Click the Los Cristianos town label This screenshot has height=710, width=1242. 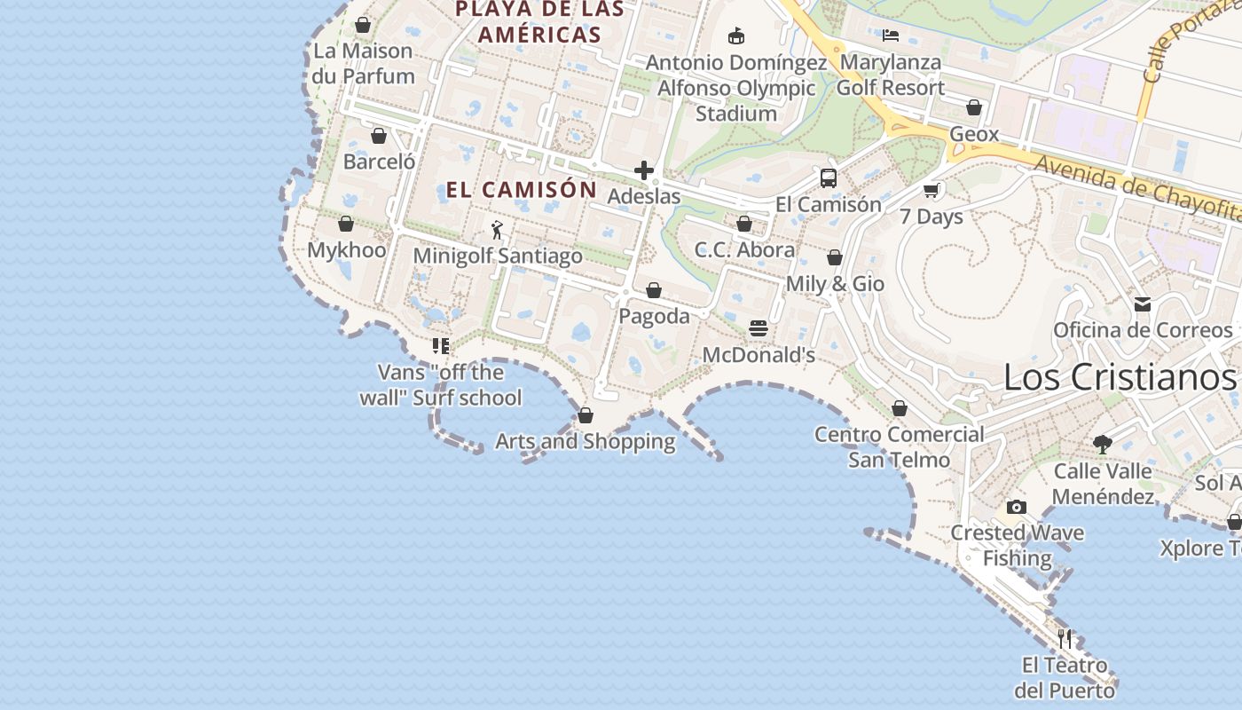(1120, 377)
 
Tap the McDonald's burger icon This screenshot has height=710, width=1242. (759, 328)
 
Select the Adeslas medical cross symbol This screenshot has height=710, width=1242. (644, 170)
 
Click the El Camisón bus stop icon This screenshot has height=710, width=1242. (828, 178)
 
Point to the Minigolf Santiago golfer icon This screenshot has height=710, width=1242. (497, 231)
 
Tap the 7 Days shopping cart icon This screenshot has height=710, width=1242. (931, 191)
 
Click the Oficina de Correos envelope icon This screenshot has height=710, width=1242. (1143, 304)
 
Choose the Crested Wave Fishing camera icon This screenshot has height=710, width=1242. (1017, 508)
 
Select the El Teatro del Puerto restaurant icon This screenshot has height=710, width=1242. (1065, 638)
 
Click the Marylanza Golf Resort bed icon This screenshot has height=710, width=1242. (891, 36)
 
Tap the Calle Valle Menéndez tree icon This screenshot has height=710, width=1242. (1103, 444)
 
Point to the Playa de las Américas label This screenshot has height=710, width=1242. (539, 22)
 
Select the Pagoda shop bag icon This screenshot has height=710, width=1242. (654, 290)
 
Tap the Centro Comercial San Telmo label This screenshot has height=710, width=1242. (900, 446)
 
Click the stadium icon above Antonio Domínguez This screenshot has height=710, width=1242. (735, 36)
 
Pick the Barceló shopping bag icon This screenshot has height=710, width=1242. (379, 137)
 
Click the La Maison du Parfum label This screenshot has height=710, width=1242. (363, 63)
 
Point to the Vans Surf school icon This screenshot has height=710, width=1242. (441, 346)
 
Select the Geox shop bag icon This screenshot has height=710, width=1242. (974, 107)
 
